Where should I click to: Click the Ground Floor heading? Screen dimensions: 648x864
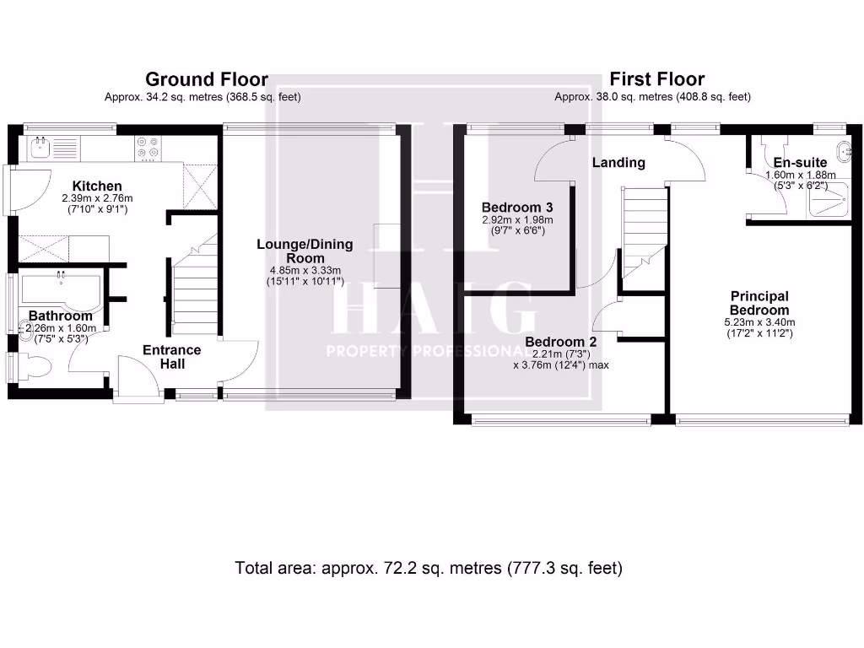click(207, 79)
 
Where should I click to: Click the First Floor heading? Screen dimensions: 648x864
click(656, 79)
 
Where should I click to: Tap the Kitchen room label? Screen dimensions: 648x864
click(97, 186)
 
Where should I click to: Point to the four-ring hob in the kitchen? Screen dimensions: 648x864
click(148, 148)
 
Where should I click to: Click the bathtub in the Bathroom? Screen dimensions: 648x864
click(59, 290)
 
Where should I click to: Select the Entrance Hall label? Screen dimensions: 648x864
click(171, 356)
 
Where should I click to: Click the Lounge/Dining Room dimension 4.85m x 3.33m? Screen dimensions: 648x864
click(305, 271)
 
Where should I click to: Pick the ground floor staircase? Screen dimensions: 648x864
click(192, 287)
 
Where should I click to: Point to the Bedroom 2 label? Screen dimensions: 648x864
click(561, 342)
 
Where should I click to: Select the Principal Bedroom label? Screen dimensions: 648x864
click(759, 303)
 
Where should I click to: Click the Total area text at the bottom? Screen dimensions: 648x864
click(429, 568)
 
